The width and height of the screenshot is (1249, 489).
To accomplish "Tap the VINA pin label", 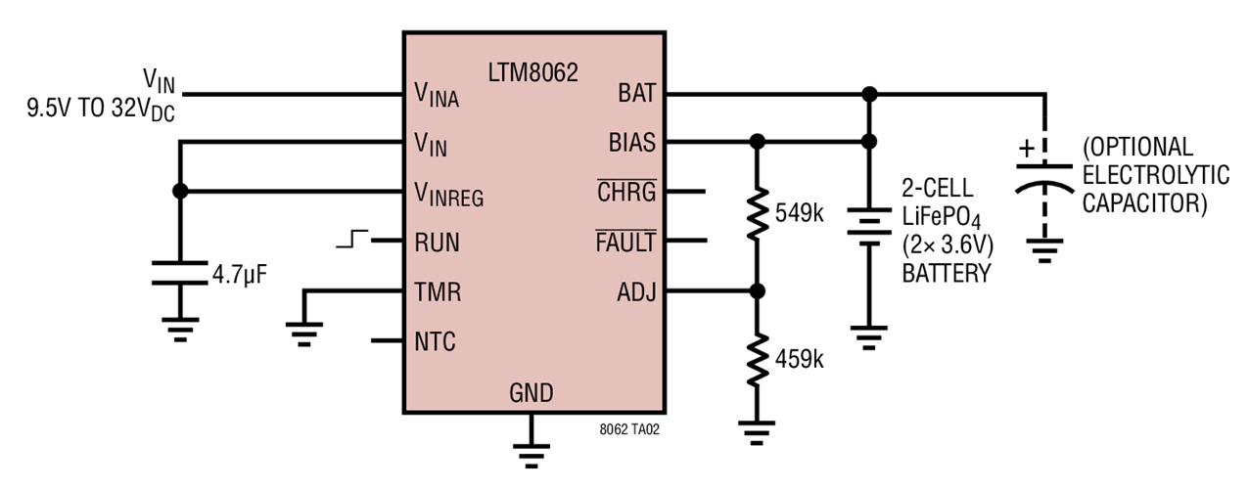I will (x=437, y=95).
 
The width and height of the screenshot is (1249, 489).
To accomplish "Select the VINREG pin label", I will (x=448, y=194).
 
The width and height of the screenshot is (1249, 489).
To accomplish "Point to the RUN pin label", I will (x=436, y=242).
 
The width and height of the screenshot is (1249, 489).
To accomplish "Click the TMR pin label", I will (x=437, y=291).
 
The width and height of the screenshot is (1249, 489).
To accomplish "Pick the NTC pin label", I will (x=435, y=341).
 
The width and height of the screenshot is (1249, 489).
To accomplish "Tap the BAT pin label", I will (x=636, y=94).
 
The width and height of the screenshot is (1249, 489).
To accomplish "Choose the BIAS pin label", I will (x=631, y=143).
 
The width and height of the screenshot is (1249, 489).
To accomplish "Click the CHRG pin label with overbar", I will (x=626, y=192).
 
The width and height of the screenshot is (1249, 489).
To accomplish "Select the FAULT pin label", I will (x=624, y=242).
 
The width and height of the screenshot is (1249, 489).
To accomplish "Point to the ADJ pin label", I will (x=636, y=291).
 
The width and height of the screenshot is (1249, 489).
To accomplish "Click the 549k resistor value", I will (x=799, y=212).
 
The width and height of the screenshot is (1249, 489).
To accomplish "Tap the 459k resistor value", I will (x=799, y=359).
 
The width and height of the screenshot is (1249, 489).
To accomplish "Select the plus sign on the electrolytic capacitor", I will (x=1026, y=149).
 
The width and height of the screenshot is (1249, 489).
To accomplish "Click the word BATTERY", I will (x=946, y=276).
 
